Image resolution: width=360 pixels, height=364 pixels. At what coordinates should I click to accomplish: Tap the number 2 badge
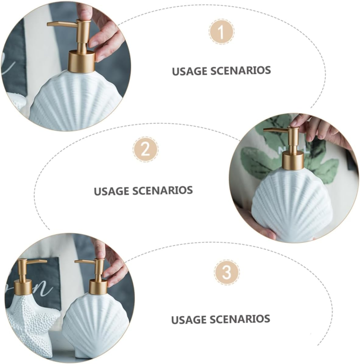[146, 149]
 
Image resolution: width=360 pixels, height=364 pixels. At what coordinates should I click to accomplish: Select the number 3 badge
[227, 272]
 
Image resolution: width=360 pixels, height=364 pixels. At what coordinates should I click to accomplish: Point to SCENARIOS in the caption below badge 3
[240, 319]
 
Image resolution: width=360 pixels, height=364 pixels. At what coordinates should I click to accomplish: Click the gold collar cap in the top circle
[81, 61]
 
